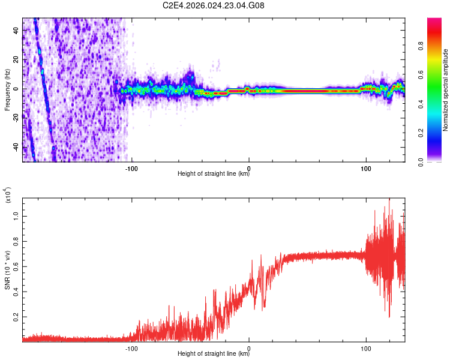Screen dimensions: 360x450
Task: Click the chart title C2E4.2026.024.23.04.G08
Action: coord(214,6)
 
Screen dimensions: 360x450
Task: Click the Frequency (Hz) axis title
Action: coord(7,90)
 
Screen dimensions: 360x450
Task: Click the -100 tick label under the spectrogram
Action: coord(131,168)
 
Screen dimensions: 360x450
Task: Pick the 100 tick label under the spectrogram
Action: coord(366,168)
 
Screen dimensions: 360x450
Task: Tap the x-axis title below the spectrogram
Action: coord(214,175)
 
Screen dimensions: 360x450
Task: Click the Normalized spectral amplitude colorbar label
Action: coord(446,90)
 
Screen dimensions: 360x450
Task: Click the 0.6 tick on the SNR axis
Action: coord(15,266)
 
